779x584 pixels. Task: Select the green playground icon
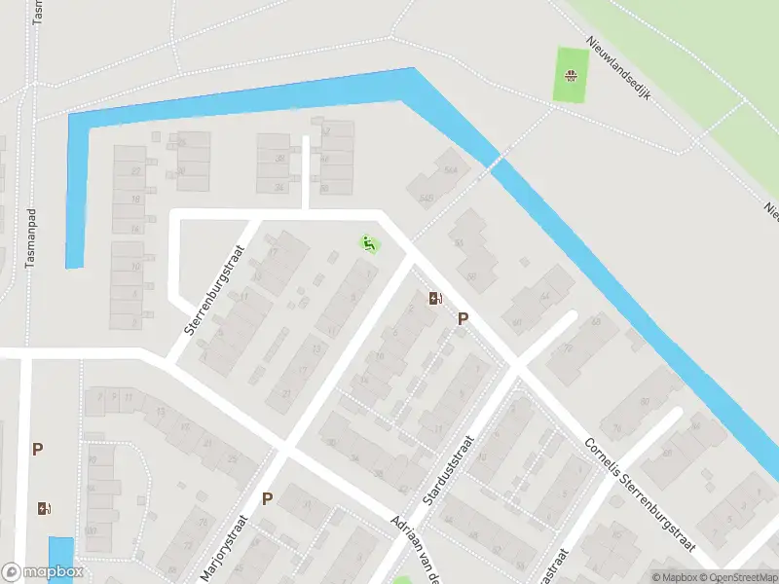(369, 243)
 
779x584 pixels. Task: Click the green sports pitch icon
(571, 76)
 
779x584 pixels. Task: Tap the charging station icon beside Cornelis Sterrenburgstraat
(434, 298)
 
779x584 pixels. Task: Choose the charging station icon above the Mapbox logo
(42, 508)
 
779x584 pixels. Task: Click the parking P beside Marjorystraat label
(267, 499)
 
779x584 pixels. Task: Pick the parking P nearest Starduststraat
(464, 318)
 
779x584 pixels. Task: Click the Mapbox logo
(43, 572)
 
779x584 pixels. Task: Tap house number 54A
(451, 168)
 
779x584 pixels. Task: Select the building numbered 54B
(425, 198)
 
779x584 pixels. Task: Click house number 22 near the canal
(136, 171)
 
